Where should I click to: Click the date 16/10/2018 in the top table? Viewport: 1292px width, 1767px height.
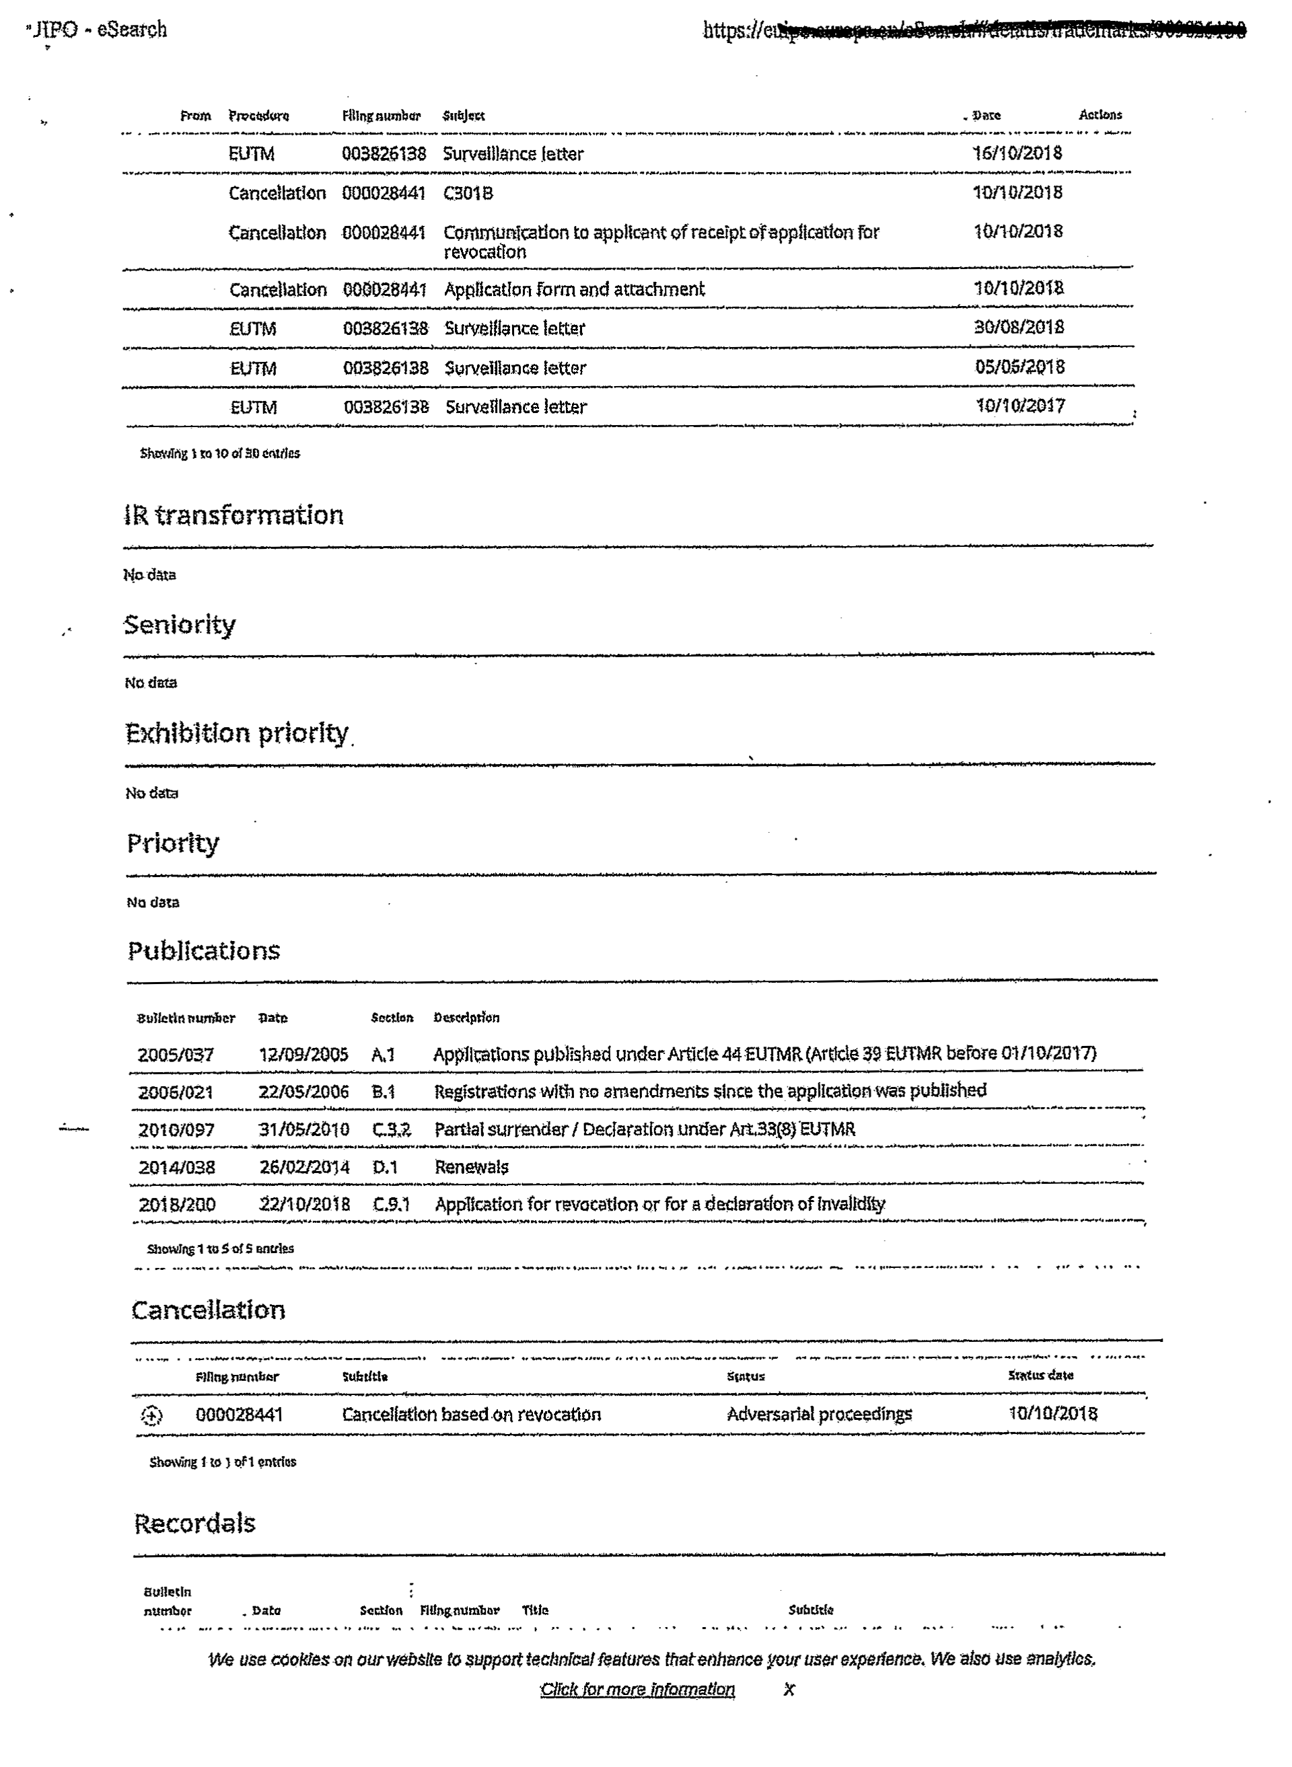coord(1017,153)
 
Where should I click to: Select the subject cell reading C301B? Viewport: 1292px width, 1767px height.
coord(468,193)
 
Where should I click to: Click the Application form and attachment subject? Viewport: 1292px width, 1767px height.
coord(574,289)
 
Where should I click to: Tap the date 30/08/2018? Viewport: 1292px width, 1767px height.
coord(1018,328)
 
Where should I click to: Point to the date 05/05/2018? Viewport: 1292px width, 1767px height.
coord(1019,367)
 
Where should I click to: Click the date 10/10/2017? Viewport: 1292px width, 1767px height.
coord(1020,406)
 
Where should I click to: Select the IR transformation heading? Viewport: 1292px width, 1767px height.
coord(233,515)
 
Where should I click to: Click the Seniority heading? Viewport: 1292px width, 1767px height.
coord(179,625)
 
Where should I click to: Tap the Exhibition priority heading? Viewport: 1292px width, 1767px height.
coord(236,733)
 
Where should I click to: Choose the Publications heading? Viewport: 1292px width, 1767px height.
coord(203,950)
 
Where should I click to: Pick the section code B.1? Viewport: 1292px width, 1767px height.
coord(383,1092)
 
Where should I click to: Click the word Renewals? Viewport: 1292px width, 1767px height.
coord(471,1167)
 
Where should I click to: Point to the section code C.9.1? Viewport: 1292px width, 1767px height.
coord(391,1204)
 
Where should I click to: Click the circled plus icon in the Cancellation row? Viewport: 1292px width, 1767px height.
coord(151,1415)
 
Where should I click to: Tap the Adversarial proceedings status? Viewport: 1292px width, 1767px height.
coord(819,1415)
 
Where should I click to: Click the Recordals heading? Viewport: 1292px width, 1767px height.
coord(194,1523)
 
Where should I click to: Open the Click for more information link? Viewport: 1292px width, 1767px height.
coord(637,1690)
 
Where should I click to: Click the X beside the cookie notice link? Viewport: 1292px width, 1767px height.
coord(789,1690)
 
